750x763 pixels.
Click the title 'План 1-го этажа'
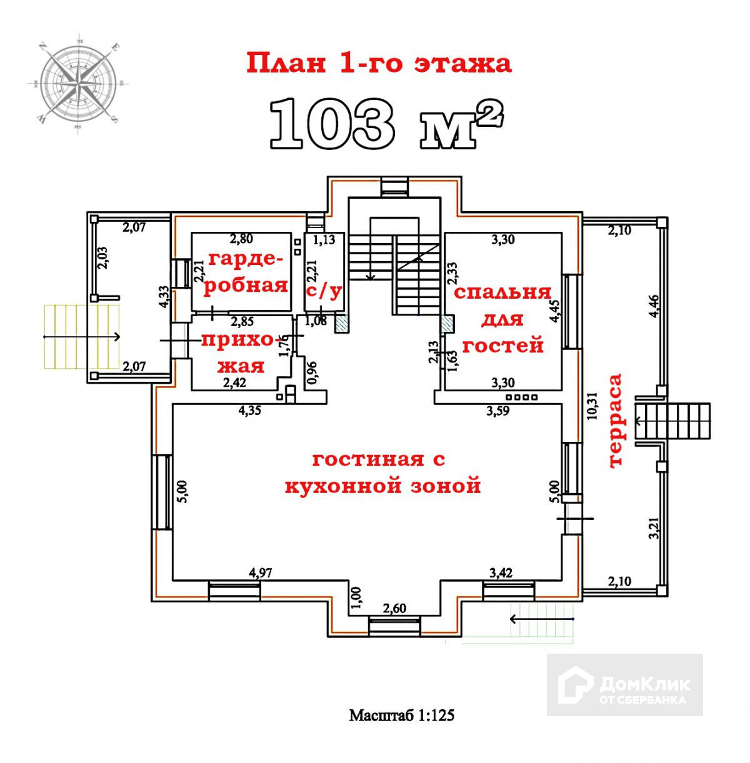(379, 63)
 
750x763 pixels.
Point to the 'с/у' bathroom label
(323, 290)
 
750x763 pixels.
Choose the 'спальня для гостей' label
(502, 319)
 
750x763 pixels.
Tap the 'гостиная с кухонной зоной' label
(382, 472)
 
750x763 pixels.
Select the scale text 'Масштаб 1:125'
(401, 715)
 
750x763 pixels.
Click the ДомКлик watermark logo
(625, 685)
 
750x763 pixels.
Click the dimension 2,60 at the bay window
(395, 608)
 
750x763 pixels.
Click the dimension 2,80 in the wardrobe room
(242, 238)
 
